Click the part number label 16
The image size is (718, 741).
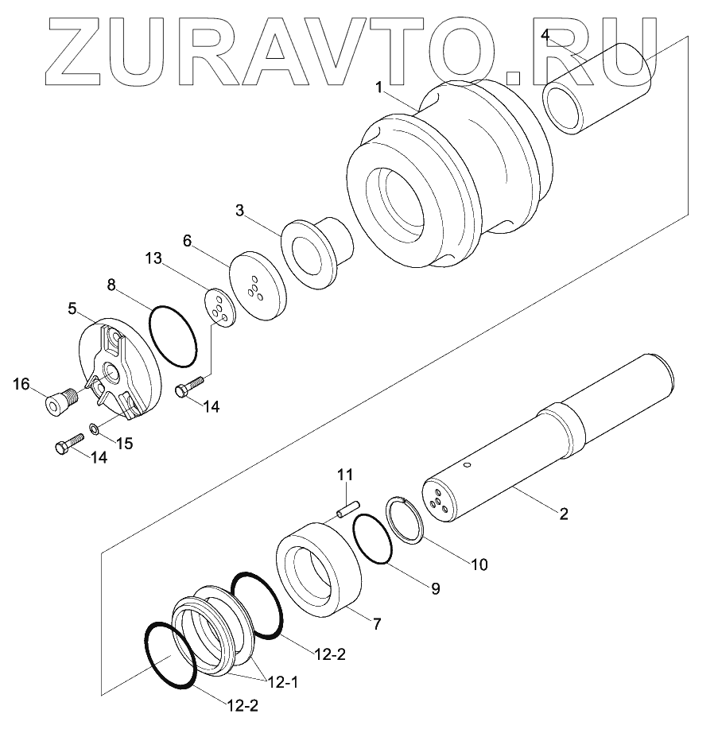coord(21,384)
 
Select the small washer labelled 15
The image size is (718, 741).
coord(94,429)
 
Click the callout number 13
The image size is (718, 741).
coord(153,258)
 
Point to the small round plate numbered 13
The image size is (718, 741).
coord(219,308)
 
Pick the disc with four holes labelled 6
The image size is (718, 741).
coord(258,286)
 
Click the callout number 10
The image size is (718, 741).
coord(479,564)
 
